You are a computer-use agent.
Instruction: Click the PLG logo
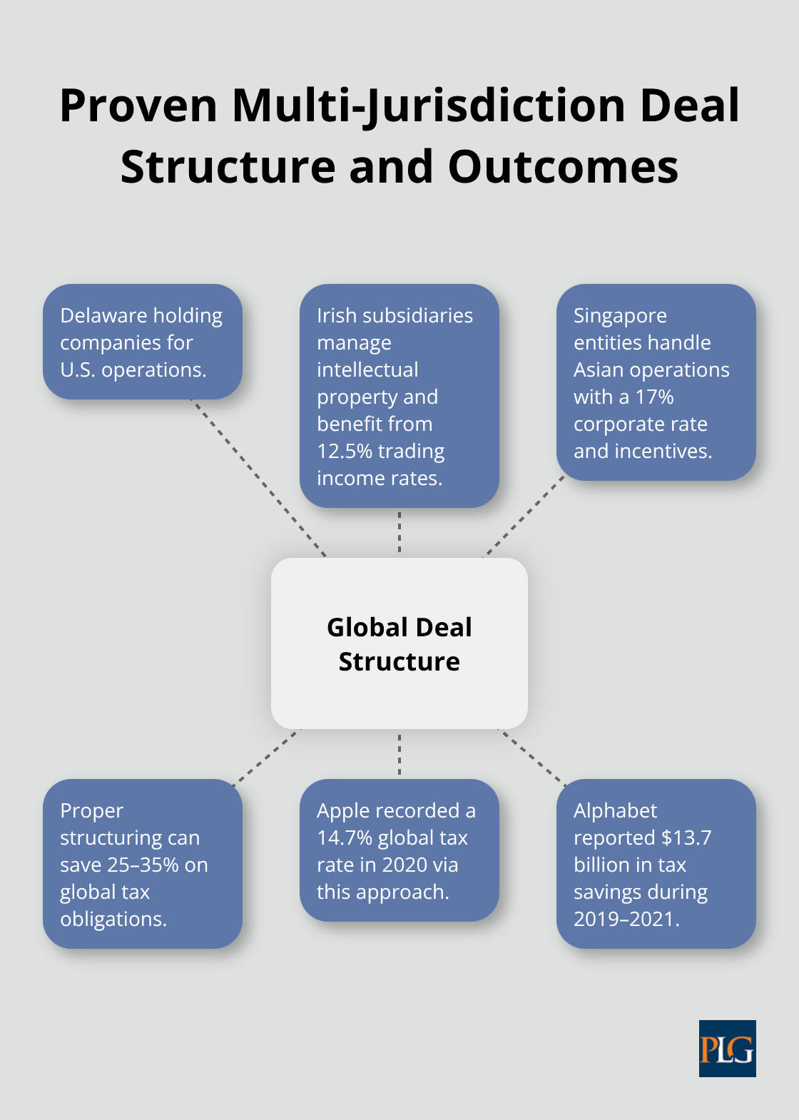point(727,1048)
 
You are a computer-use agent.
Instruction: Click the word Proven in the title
point(138,106)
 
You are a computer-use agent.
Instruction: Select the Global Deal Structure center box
point(399,643)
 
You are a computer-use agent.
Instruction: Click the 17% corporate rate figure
point(654,397)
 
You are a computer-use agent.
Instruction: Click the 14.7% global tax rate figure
point(345,838)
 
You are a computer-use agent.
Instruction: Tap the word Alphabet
point(615,810)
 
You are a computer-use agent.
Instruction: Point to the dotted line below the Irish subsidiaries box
point(399,532)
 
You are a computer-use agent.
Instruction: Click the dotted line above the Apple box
point(399,754)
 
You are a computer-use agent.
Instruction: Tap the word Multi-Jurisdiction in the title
point(429,106)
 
